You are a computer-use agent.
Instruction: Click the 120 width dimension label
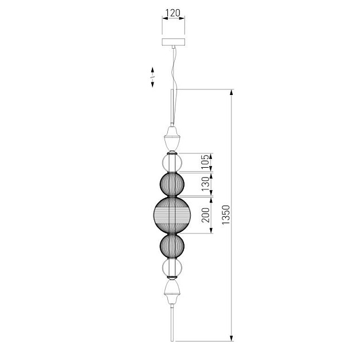pyautogui.click(x=173, y=13)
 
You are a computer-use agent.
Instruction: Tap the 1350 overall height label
pyautogui.click(x=226, y=215)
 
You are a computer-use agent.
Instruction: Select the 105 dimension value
pyautogui.click(x=206, y=162)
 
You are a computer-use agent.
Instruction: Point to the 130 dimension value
pyautogui.click(x=206, y=184)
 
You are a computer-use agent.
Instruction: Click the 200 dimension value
pyautogui.click(x=206, y=215)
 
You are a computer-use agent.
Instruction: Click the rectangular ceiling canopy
pyautogui.click(x=174, y=42)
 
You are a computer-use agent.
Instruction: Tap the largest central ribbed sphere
pyautogui.click(x=172, y=215)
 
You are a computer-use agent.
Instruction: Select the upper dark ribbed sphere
pyautogui.click(x=172, y=184)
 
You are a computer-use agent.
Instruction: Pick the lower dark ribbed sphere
pyautogui.click(x=172, y=246)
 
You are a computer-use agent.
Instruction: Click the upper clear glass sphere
pyautogui.click(x=172, y=163)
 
